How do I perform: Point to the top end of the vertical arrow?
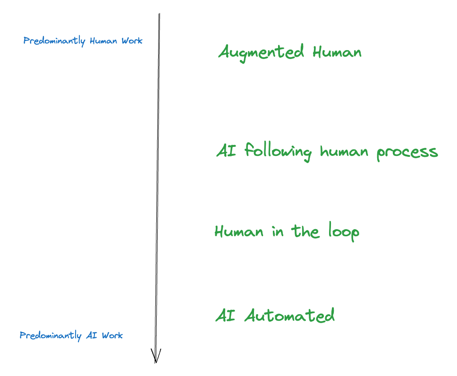159,15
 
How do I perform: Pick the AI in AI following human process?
226,151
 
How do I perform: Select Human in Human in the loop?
239,231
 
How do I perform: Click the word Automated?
289,315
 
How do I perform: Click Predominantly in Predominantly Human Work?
54,41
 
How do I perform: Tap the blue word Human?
104,41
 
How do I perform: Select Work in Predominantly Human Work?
132,41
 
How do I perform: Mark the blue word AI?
91,335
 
